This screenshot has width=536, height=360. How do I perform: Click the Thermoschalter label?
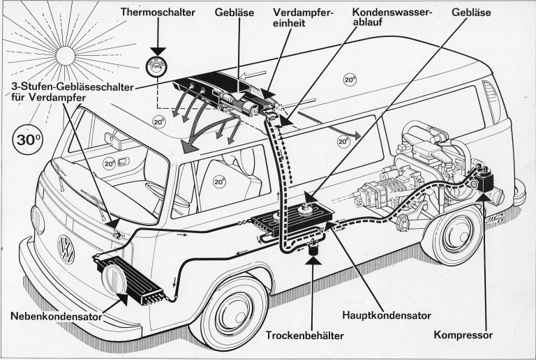[x=157, y=12]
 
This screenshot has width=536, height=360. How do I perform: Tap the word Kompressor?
[x=463, y=335]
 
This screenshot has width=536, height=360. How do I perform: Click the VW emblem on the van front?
[x=66, y=246]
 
